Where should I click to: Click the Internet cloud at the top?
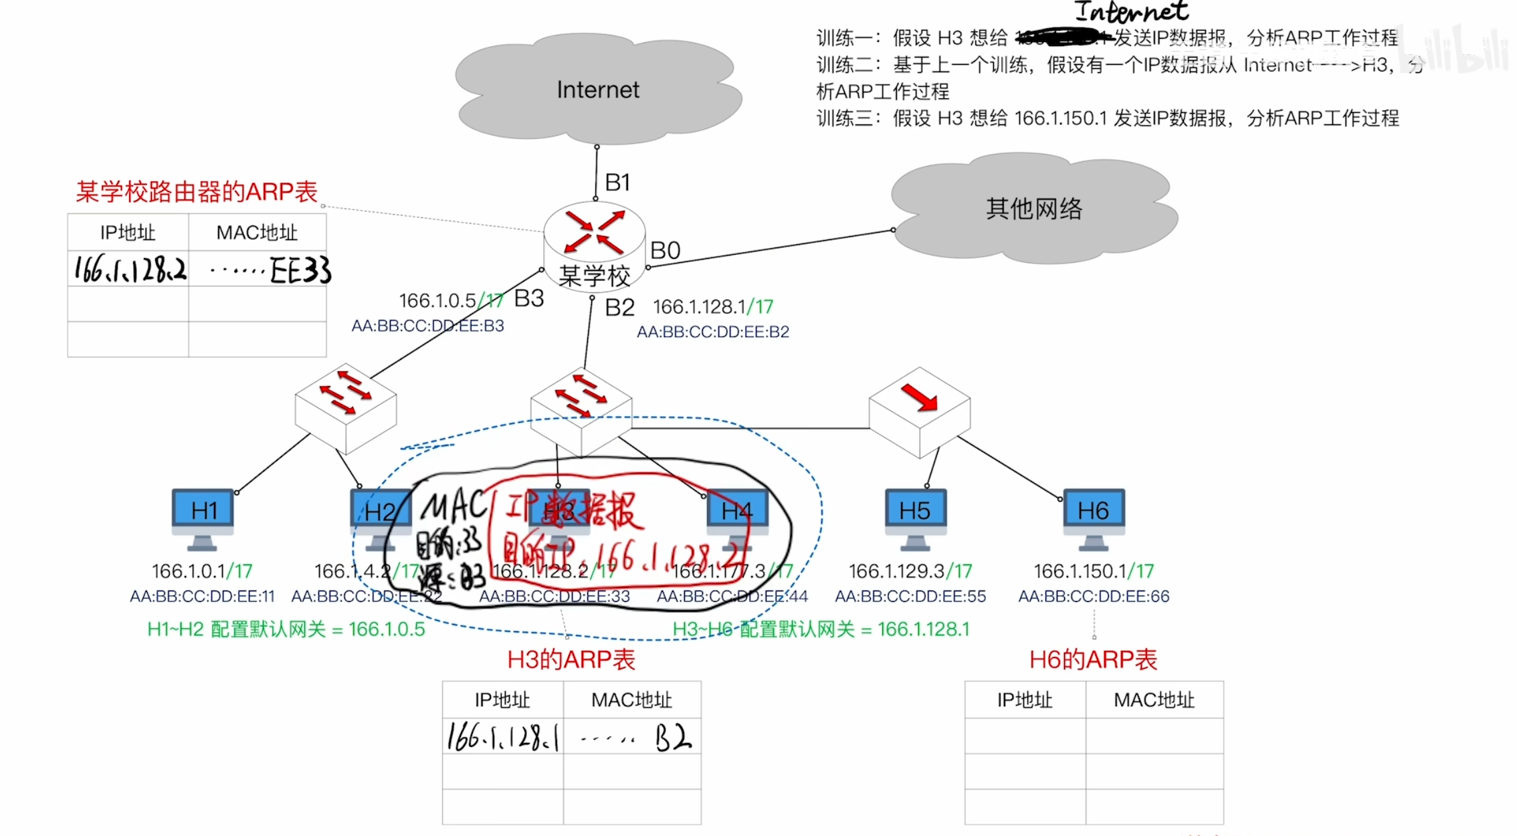click(597, 90)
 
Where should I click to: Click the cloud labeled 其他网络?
click(1034, 209)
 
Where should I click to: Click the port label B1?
click(617, 183)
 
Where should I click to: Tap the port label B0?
click(666, 251)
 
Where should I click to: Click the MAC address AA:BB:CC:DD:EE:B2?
click(713, 332)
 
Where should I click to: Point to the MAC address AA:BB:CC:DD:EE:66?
click(1094, 596)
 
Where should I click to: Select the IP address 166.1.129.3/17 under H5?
click(910, 571)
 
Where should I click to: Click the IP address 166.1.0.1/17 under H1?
click(202, 571)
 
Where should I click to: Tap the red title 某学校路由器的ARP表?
click(197, 192)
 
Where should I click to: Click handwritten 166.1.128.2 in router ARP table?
click(130, 270)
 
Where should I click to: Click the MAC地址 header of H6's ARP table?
click(1154, 700)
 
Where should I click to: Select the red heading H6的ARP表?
click(1093, 660)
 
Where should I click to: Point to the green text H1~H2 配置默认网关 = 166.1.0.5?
click(286, 629)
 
